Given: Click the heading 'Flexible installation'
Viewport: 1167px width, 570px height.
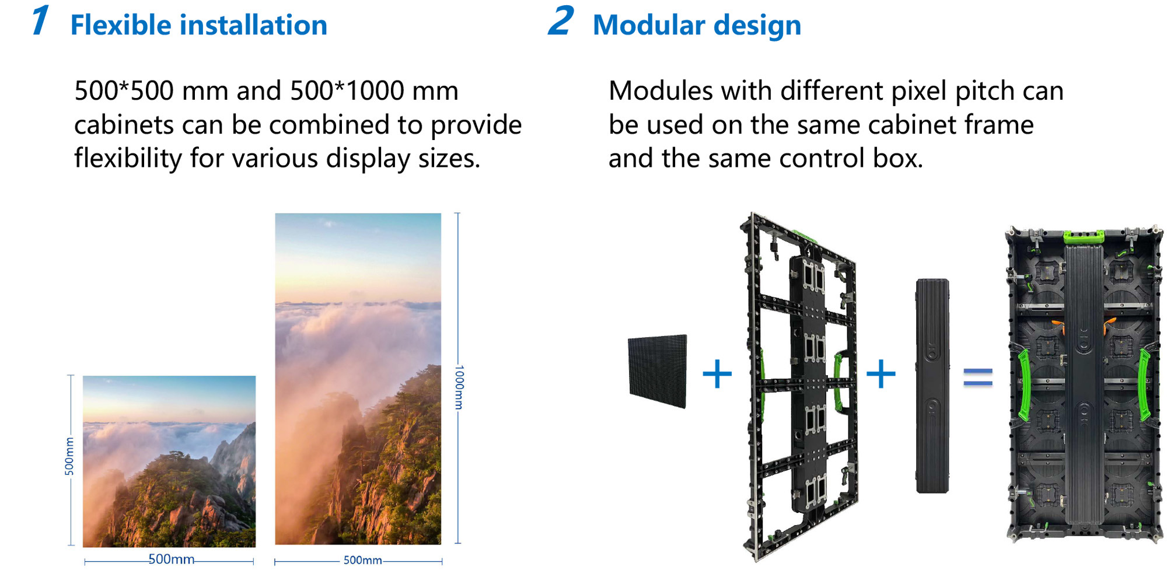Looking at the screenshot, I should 198,26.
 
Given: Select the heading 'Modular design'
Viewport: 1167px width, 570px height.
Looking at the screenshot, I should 697,26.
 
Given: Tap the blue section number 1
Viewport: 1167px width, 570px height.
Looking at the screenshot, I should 40,21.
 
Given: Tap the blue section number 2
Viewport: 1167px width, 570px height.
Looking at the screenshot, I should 561,21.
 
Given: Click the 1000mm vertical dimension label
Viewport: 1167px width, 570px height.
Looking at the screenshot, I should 459,387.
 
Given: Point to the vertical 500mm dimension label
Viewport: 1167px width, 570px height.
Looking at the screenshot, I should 69,456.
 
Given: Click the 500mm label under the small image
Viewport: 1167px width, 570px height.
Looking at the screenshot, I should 170,559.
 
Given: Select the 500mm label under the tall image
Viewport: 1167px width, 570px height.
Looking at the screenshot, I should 362,560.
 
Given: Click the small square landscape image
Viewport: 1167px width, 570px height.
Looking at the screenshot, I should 169,461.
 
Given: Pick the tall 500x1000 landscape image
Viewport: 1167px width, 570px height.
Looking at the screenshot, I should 358,379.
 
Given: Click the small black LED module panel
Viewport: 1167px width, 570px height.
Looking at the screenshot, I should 658,370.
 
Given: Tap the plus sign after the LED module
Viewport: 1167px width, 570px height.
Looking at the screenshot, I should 717,374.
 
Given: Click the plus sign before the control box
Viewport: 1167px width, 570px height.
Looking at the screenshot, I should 881,374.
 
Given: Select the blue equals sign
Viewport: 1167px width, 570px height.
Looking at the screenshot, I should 977,377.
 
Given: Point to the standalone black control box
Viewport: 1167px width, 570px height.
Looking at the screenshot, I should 932,385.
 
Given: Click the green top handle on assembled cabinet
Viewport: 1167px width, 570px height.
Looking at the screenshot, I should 1084,236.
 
